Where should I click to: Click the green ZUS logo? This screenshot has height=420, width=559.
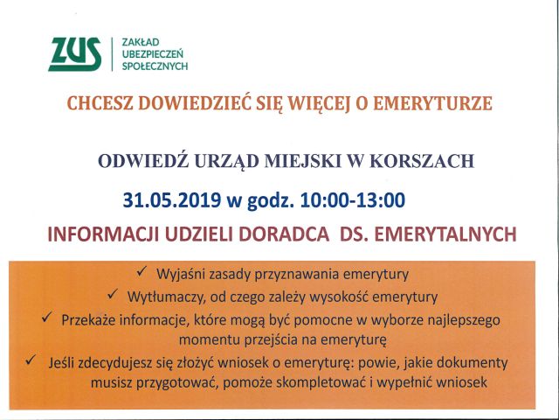click(75, 54)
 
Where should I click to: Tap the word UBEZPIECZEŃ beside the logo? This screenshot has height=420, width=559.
click(153, 53)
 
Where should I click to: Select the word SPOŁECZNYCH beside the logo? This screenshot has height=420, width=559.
click(155, 66)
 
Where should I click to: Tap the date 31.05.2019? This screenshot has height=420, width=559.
click(171, 200)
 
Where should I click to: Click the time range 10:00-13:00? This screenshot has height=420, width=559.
click(353, 200)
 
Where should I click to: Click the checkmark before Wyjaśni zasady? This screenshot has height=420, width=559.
click(141, 272)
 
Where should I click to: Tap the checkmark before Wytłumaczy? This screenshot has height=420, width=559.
click(113, 294)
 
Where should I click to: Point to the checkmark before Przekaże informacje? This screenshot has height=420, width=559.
click(46, 318)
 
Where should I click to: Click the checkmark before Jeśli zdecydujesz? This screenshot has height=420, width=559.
click(31, 360)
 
